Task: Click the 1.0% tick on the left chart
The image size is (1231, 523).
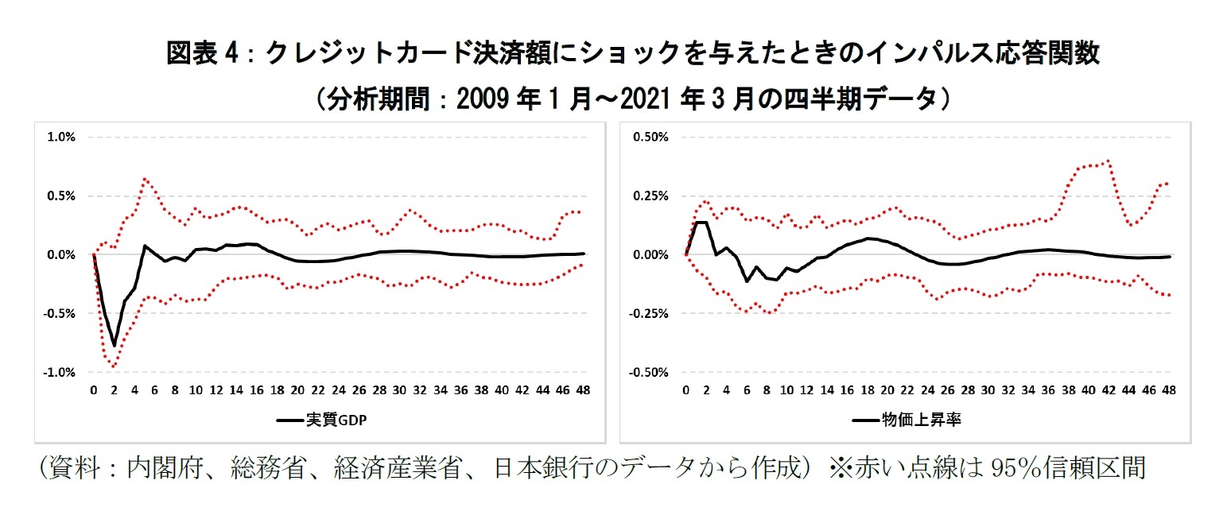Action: coord(62,137)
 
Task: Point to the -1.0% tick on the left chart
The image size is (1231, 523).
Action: coord(61,373)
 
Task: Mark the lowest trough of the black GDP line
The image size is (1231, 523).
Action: coord(115,346)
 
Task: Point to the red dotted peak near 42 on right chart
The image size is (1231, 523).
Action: coord(1108,161)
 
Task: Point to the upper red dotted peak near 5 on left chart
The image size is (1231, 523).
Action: coord(145,179)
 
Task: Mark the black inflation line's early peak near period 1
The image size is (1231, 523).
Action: coord(701,223)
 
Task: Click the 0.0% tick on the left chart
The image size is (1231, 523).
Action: coord(62,255)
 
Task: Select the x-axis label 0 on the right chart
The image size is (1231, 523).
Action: coord(685,390)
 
